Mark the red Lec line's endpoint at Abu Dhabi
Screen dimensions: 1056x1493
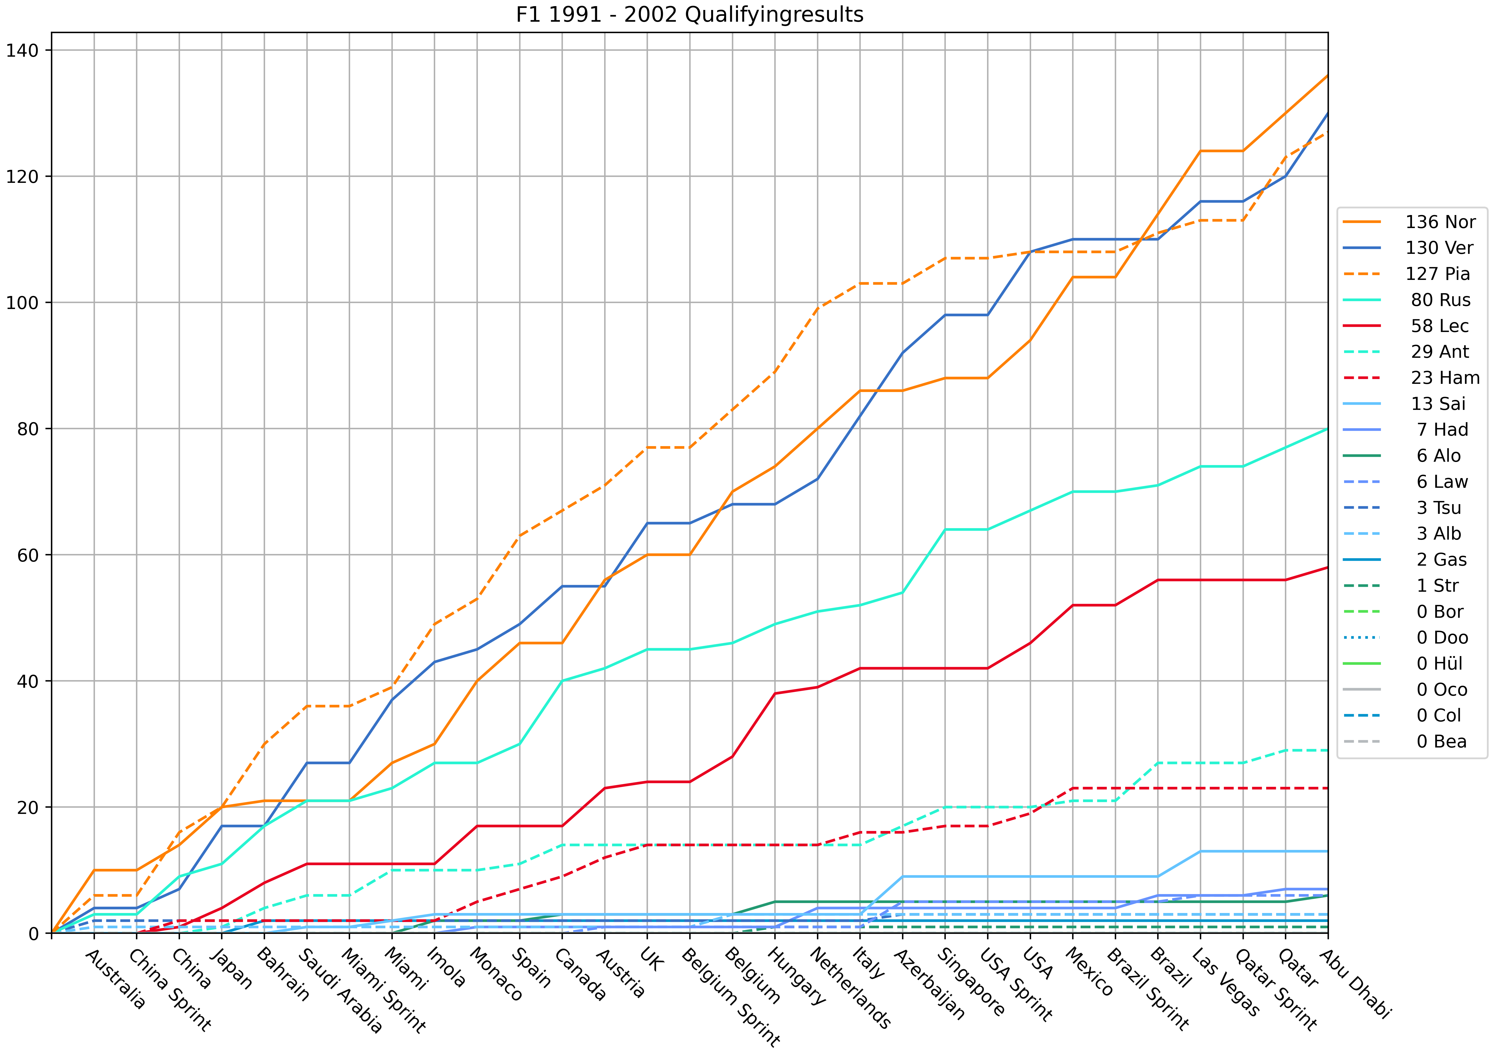[1327, 568]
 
